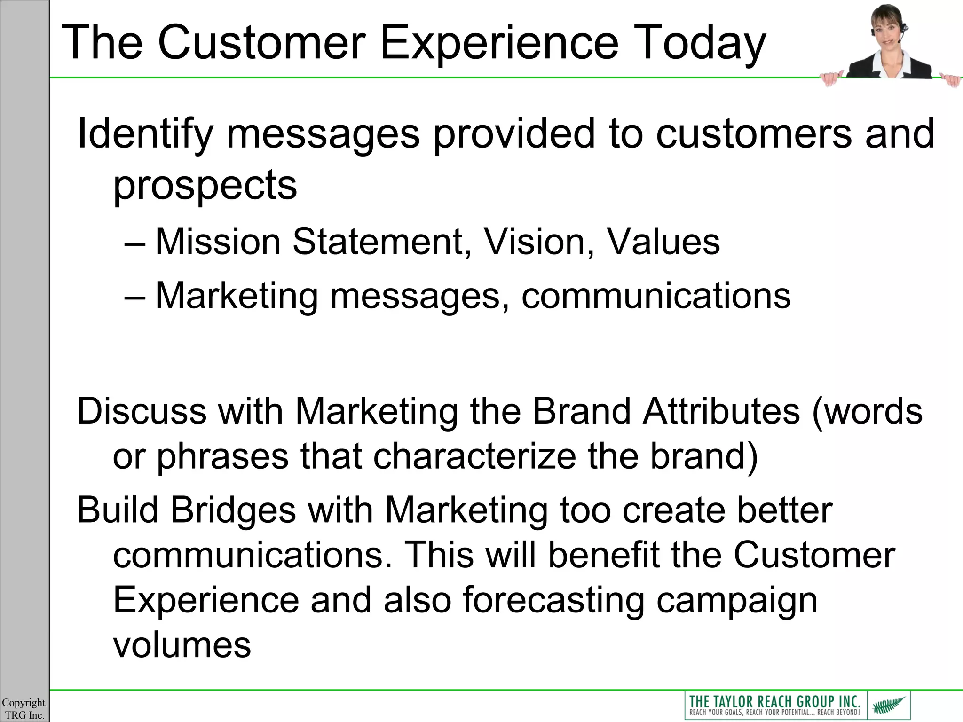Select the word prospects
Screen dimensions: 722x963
pos(205,185)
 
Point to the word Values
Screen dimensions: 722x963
pos(663,242)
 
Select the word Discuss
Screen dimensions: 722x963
pos(142,411)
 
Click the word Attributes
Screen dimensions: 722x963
pos(721,411)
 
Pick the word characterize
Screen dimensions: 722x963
pos(474,456)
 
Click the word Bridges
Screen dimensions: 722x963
pos(233,510)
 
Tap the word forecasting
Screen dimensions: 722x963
pos(553,600)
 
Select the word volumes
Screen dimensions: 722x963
pos(182,645)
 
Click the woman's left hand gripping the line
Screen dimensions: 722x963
pos(831,78)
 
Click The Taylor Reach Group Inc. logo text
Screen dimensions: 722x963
pos(774,701)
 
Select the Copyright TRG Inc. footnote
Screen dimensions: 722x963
pos(24,709)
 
